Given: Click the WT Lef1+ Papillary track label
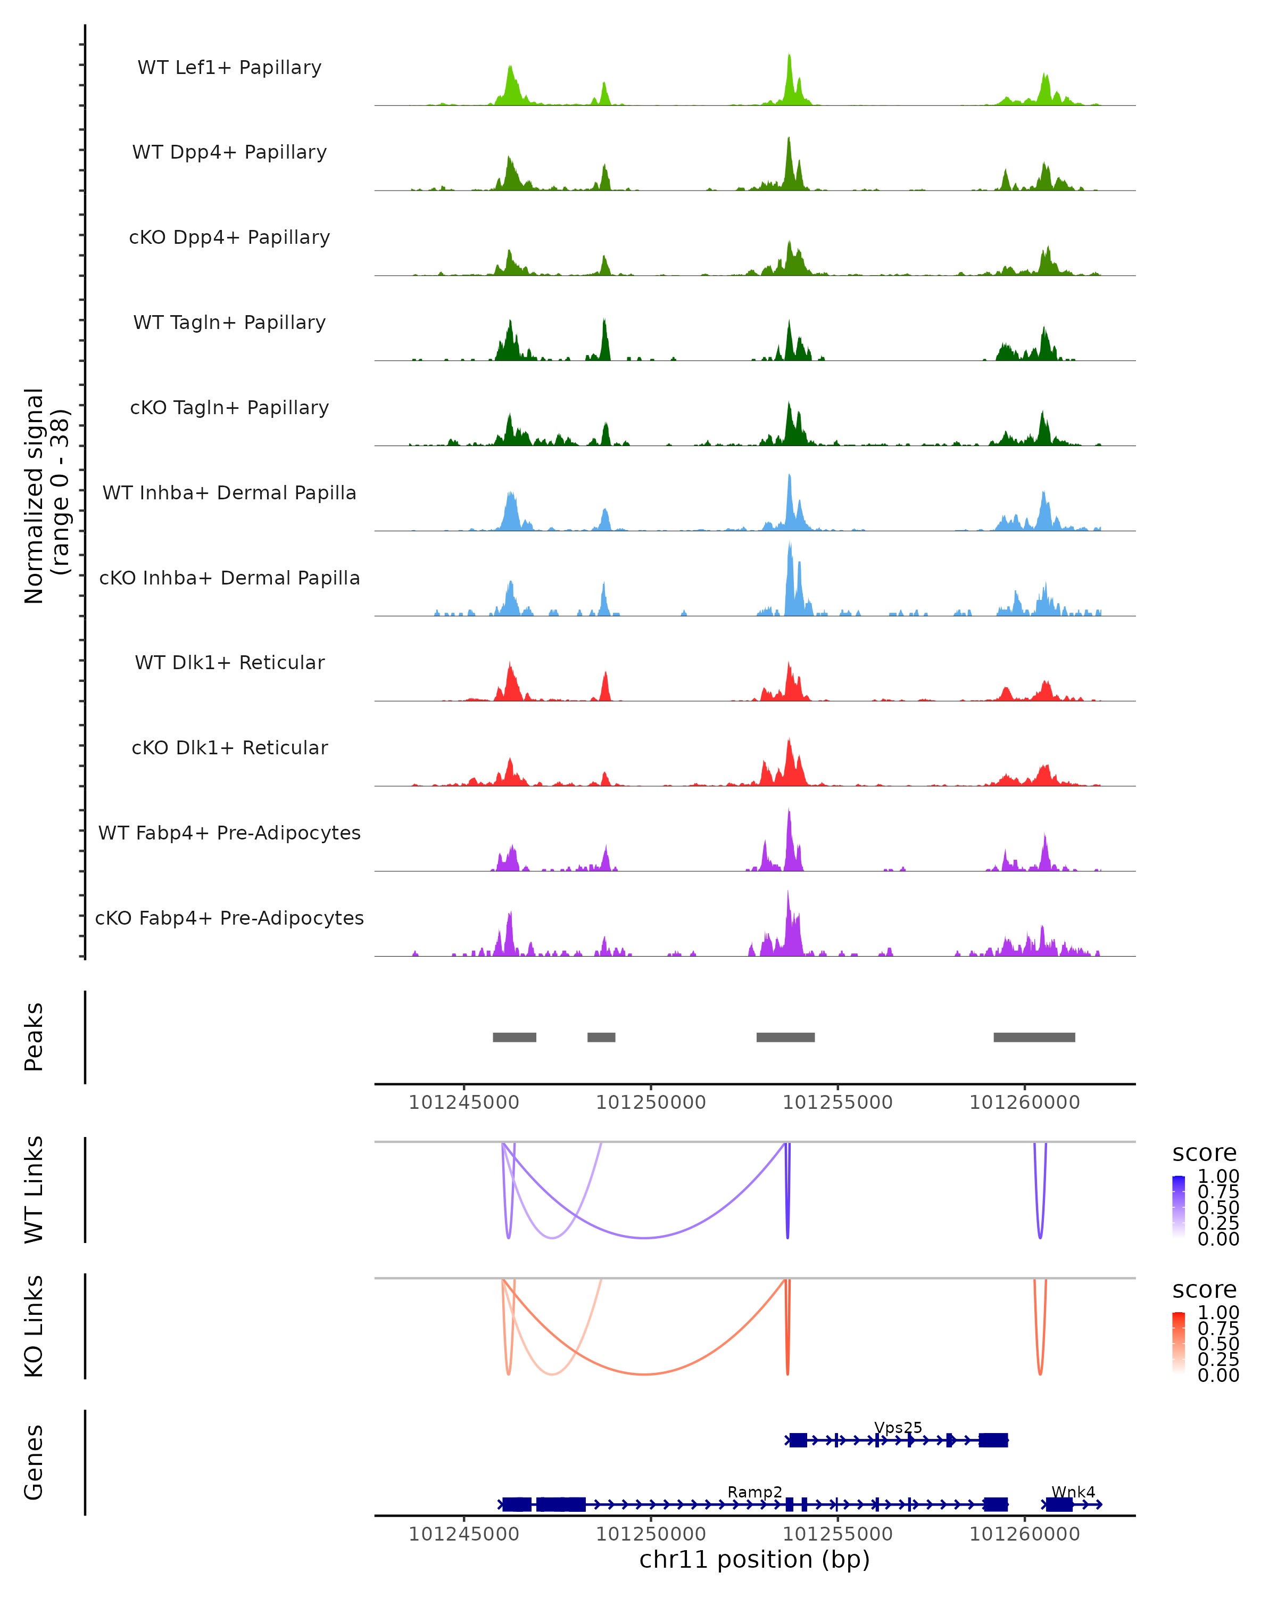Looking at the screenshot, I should (x=229, y=68).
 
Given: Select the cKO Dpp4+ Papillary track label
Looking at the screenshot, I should (x=229, y=237).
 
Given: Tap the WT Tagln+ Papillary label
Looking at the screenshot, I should (x=229, y=322).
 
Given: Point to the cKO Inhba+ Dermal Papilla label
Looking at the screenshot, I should (x=229, y=578).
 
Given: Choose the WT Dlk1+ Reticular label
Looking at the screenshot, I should (x=229, y=662).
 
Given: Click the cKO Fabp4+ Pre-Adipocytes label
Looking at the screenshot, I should (x=229, y=918).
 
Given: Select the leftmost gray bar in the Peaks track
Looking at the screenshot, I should (x=515, y=1037).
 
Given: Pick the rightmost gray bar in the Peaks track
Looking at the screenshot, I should (x=1034, y=1037).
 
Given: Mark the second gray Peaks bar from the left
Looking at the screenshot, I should (x=601, y=1037).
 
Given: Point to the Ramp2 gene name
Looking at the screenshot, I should (x=754, y=1492).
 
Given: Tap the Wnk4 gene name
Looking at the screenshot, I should (x=1073, y=1492).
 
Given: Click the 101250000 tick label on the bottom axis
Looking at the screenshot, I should (x=651, y=1533).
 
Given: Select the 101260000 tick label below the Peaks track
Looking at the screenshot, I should (x=1025, y=1102).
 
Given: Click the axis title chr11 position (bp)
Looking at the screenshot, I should (x=754, y=1559).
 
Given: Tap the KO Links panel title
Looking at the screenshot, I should (x=34, y=1326).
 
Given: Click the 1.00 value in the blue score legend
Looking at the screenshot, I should (x=1218, y=1176).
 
